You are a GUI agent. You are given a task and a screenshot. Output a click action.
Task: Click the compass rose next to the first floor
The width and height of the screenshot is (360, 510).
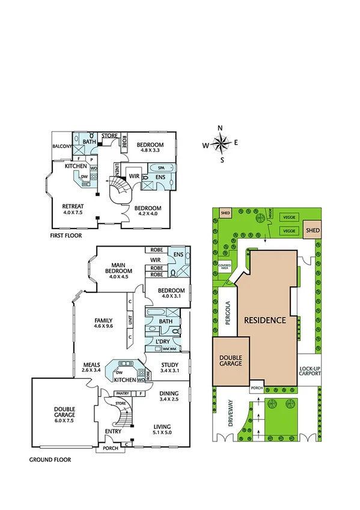(221, 143)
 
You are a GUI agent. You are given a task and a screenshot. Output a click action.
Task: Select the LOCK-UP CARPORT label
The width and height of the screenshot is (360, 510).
(310, 369)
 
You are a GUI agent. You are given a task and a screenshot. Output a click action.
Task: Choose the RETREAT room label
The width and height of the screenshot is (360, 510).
(73, 206)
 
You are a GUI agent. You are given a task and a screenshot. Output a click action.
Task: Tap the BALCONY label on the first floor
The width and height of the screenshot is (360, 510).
(62, 146)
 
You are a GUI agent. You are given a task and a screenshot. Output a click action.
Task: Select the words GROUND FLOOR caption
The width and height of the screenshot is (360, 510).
(50, 459)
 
